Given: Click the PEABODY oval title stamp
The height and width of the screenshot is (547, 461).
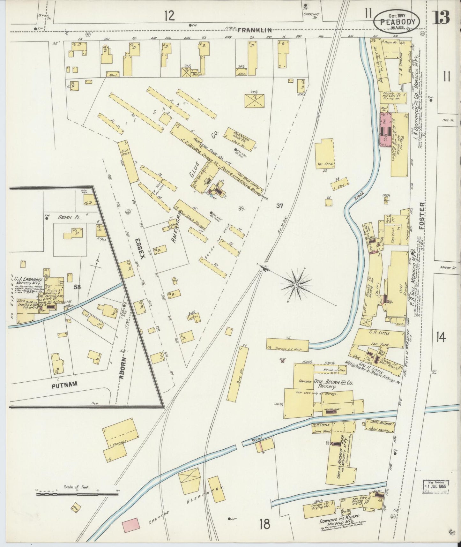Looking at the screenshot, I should tap(397, 21).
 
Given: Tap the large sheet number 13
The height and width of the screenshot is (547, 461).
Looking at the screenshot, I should tap(441, 18).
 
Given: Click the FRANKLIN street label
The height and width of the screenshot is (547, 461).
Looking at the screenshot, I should tap(254, 30).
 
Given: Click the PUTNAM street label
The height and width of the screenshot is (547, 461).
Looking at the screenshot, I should tap(64, 384).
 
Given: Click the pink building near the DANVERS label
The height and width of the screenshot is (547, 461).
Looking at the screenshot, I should tap(131, 525).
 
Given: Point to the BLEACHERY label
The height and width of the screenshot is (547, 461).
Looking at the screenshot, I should tap(206, 494).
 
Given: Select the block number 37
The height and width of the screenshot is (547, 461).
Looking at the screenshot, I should tap(280, 206).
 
